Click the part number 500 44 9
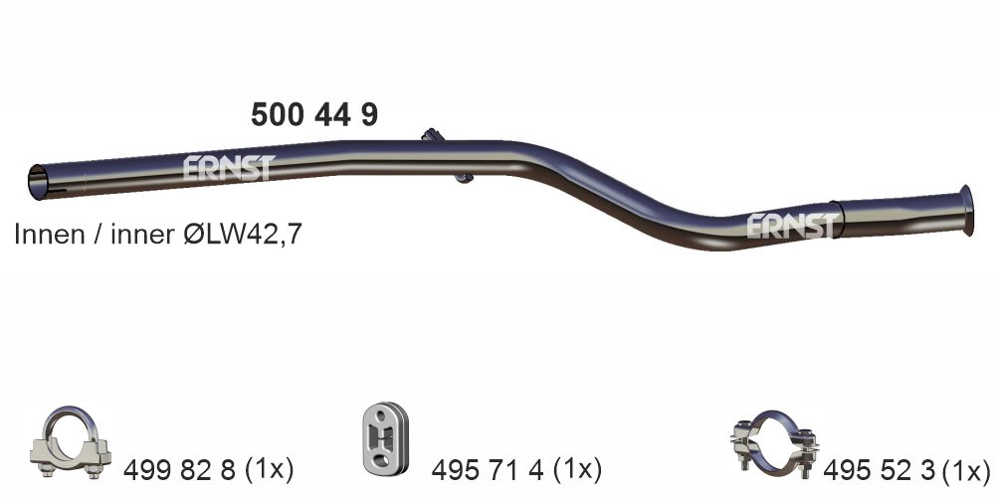coord(313,115)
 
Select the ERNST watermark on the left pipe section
coord(227,167)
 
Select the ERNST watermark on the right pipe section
coord(792,226)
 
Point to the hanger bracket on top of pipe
coord(431,135)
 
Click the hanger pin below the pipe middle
coord(463,177)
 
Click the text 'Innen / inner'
coord(92,236)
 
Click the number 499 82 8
coord(178,469)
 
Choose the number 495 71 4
coord(487,469)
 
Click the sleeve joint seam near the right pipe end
coord(843,219)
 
